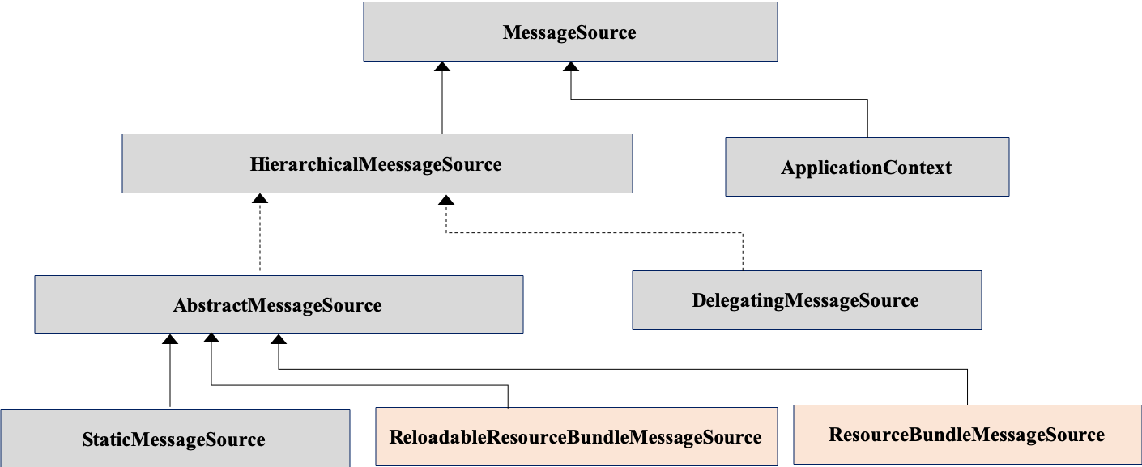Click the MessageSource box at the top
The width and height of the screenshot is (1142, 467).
(570, 32)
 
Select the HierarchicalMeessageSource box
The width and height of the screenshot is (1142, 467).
(377, 163)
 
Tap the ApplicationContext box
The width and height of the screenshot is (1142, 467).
(867, 167)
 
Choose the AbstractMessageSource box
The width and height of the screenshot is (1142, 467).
(279, 304)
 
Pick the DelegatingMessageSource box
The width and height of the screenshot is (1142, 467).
(806, 300)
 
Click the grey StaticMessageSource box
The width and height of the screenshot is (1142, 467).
(174, 439)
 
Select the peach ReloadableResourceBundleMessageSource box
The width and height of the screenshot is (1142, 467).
(575, 437)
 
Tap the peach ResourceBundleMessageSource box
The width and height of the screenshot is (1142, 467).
(967, 435)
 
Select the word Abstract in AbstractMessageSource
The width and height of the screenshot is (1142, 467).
(210, 305)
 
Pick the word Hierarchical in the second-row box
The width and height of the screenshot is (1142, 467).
(303, 164)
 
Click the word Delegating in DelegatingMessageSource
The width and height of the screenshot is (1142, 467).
(738, 301)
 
